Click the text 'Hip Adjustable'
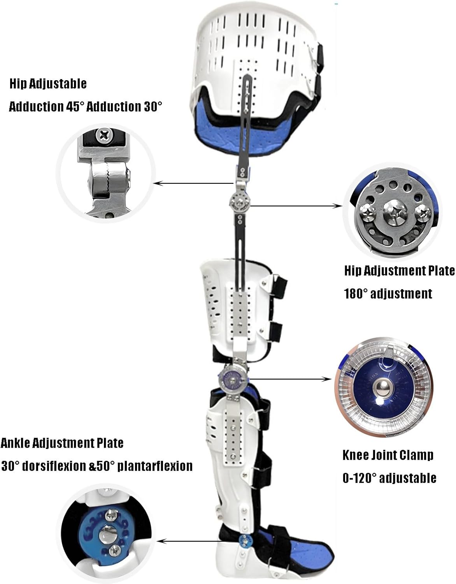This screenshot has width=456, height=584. click(47, 84)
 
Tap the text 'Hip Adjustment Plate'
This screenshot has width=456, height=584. click(399, 271)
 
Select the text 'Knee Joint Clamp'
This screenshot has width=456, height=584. click(388, 455)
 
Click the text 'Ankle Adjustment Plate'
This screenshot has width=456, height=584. click(62, 443)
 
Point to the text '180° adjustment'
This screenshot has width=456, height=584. click(388, 294)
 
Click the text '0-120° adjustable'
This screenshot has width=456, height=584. click(389, 478)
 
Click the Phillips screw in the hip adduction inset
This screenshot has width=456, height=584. click(105, 136)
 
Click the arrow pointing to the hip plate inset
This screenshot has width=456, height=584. click(296, 206)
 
